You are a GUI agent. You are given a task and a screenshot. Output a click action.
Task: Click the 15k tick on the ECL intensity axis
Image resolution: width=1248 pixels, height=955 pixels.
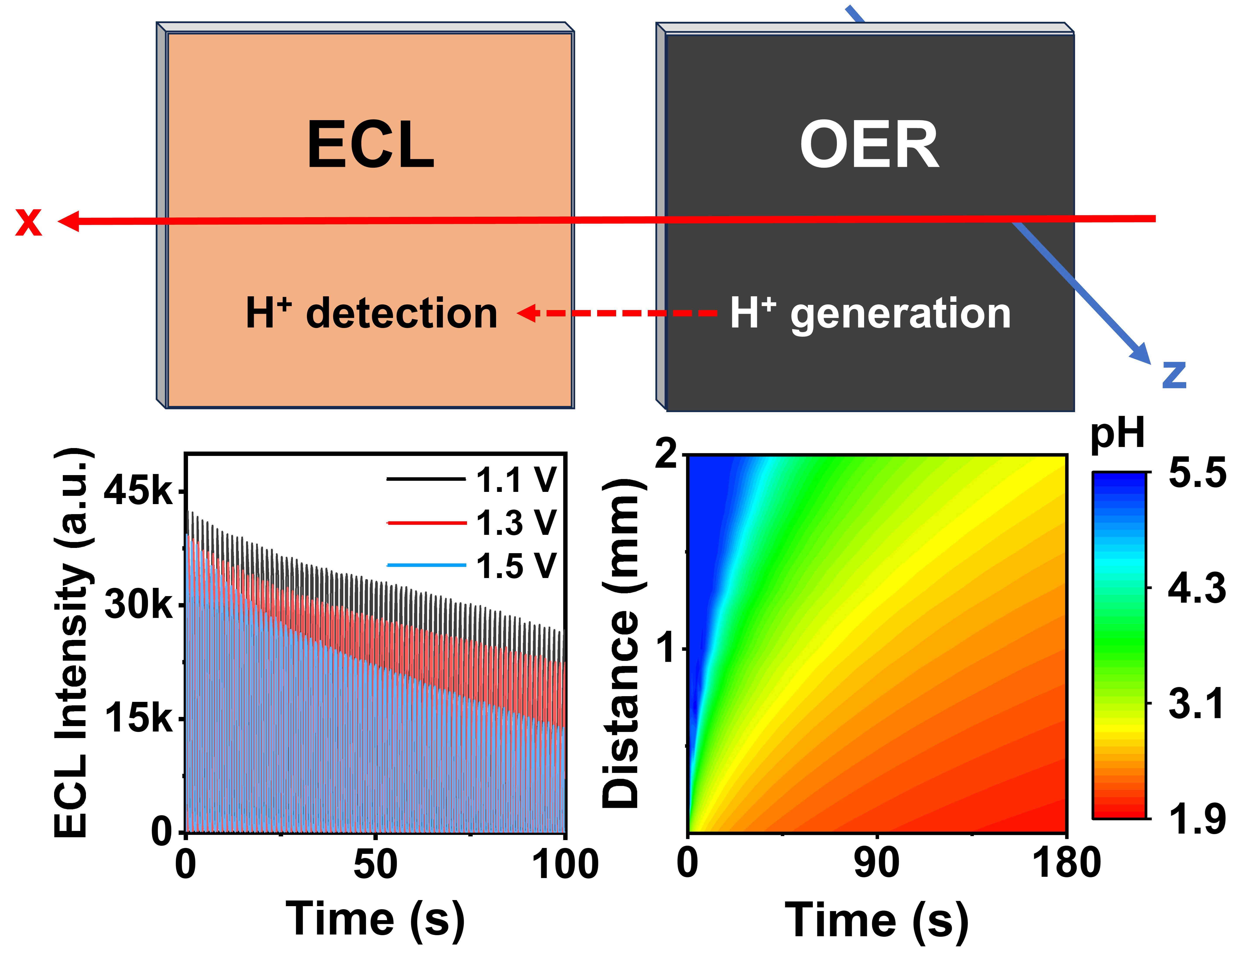(138, 718)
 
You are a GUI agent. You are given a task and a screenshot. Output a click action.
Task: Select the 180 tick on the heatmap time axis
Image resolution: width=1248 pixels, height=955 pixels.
(1066, 863)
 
